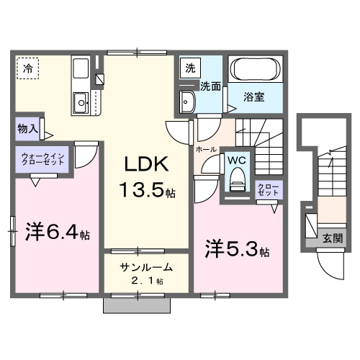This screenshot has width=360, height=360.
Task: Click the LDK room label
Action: pyautogui.click(x=149, y=164)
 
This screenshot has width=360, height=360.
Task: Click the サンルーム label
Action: pyautogui.click(x=146, y=266)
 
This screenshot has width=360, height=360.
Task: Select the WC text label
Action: pyautogui.click(x=236, y=160)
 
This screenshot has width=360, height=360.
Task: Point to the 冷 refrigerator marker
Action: pyautogui.click(x=27, y=69)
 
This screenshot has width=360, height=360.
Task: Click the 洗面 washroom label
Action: pyautogui.click(x=210, y=86)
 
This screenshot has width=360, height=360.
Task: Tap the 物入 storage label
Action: pyautogui.click(x=27, y=129)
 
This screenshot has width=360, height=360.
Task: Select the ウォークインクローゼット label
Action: pyautogui.click(x=43, y=158)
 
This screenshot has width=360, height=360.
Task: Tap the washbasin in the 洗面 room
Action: pyautogui.click(x=189, y=101)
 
